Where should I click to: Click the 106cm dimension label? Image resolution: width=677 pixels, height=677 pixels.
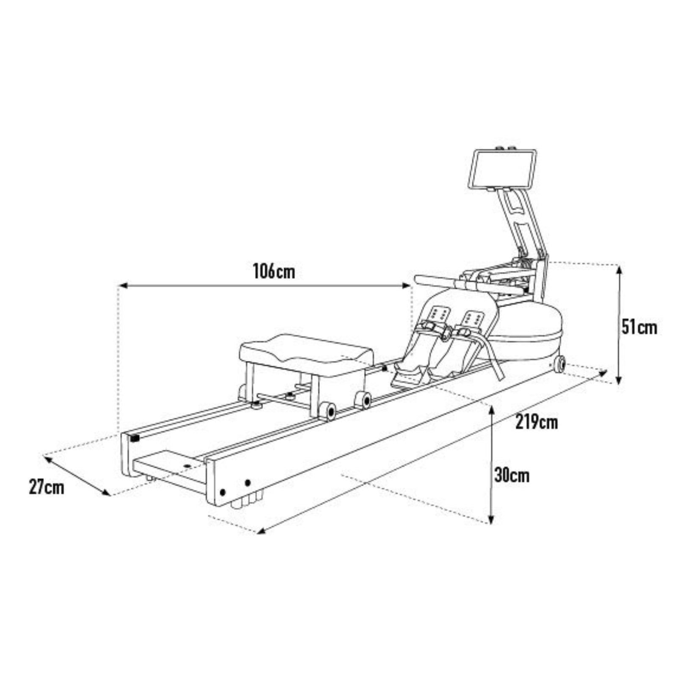[274, 272]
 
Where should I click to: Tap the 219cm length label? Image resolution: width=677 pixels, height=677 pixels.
[536, 422]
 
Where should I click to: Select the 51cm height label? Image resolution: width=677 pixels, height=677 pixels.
[639, 327]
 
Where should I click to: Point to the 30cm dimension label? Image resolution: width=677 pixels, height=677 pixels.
[512, 475]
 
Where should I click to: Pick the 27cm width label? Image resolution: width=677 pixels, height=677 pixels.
[47, 487]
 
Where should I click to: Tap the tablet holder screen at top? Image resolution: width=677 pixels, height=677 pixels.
[502, 169]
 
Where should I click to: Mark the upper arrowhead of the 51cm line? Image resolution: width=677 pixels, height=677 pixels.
[619, 268]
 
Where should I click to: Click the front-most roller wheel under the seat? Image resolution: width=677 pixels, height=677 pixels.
[328, 411]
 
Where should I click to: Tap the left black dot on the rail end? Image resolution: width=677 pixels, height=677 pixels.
[223, 492]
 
